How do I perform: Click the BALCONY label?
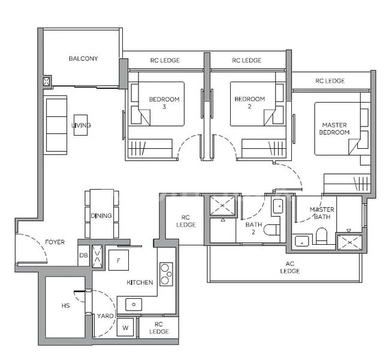click(83, 59)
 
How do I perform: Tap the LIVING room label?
click(81, 125)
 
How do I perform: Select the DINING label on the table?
click(101, 216)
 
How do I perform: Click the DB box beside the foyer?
click(83, 255)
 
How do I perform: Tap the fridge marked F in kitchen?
click(119, 260)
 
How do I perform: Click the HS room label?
click(65, 305)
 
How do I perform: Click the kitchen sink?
click(132, 304)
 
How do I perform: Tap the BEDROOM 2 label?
click(249, 103)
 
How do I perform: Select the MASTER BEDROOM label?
click(334, 128)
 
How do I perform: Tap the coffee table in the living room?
click(80, 125)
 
